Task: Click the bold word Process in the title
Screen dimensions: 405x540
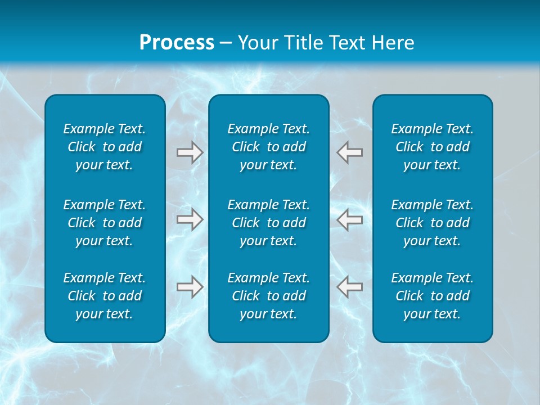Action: pyautogui.click(x=177, y=43)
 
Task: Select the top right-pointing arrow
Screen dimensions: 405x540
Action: pyautogui.click(x=190, y=152)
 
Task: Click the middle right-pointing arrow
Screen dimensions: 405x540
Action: pyautogui.click(x=190, y=219)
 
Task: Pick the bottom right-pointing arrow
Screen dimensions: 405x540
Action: pyautogui.click(x=190, y=287)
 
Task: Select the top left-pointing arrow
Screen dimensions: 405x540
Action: pyautogui.click(x=350, y=152)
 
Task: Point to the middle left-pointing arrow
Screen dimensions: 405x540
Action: pyautogui.click(x=350, y=219)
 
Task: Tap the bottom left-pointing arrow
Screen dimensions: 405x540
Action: pyautogui.click(x=350, y=287)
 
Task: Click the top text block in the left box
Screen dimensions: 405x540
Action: pyautogui.click(x=105, y=147)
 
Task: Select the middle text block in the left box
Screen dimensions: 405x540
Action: pyautogui.click(x=105, y=223)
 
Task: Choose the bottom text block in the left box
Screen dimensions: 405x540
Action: pyautogui.click(x=105, y=296)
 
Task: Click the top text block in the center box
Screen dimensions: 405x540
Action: pyautogui.click(x=269, y=147)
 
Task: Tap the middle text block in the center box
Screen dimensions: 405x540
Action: pyautogui.click(x=269, y=223)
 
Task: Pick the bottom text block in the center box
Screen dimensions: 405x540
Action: pyautogui.click(x=269, y=296)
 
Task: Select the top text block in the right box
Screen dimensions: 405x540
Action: pyautogui.click(x=433, y=147)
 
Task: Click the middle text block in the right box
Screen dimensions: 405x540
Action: pyautogui.click(x=433, y=223)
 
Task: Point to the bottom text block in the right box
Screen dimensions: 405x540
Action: pyautogui.click(x=433, y=296)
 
